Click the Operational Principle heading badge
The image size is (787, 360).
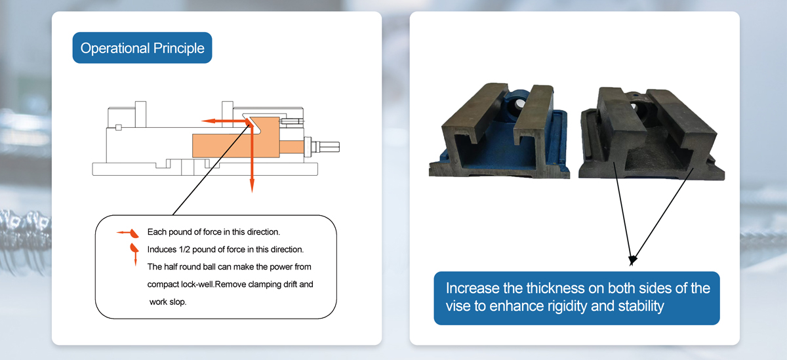tap(142, 48)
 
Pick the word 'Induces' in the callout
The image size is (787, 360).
tap(161, 249)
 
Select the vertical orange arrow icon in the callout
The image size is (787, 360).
tap(134, 252)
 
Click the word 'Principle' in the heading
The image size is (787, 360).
tap(178, 48)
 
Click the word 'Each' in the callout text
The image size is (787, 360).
tap(155, 231)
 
